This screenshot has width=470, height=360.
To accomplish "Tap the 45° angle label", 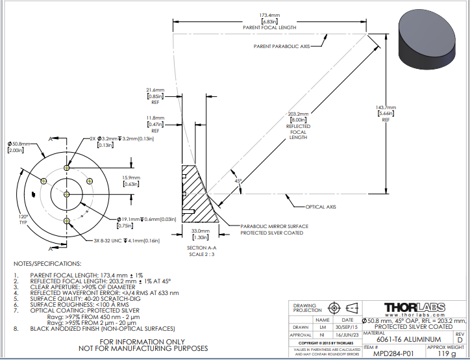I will point(238,181).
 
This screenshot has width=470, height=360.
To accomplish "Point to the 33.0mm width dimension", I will point(200,231).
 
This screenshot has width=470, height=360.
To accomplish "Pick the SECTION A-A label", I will point(201,248).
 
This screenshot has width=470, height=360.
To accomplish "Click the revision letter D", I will point(458,339).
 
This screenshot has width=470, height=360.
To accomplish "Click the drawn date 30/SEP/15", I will point(347,327).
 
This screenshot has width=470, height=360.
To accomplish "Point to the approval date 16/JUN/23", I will point(347,334).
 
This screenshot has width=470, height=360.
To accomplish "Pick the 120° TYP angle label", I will point(24,219).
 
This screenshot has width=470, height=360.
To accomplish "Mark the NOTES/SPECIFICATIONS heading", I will point(48,264).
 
